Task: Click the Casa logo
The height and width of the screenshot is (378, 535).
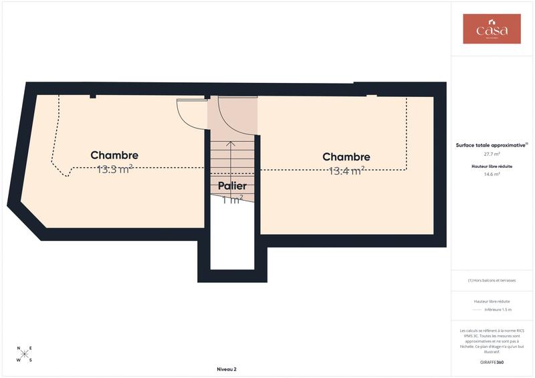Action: [492, 29]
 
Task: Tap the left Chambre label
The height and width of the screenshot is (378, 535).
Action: [114, 155]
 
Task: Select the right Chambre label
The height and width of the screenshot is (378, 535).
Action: [346, 157]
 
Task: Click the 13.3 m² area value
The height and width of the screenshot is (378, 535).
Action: [114, 169]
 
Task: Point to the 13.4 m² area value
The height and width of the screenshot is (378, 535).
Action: [346, 171]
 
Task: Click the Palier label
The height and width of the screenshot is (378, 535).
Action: [232, 185]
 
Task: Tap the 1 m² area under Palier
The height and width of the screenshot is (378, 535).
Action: [232, 199]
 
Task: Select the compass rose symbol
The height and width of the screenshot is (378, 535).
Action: [24, 354]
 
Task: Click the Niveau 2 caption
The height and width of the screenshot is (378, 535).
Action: [227, 369]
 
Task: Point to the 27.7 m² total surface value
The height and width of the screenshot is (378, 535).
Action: [492, 154]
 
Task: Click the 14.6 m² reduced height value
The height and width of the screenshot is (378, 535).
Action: [492, 174]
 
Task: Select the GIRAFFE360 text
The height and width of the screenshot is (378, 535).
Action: [492, 362]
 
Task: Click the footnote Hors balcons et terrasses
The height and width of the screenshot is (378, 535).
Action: [492, 280]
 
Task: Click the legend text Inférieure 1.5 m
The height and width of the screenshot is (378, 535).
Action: [497, 310]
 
